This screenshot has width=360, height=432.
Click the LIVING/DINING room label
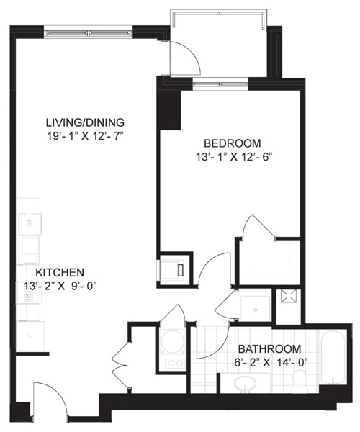tap(85, 122)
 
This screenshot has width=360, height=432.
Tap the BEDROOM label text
tap(232, 143)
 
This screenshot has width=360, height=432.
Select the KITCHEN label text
tap(60, 272)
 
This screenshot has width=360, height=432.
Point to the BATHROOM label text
tap(269, 348)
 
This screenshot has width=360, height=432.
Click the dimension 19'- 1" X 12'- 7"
tap(85, 136)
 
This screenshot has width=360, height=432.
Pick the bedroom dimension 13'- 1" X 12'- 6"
tap(234, 157)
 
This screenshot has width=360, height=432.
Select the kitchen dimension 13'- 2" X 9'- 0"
tap(61, 286)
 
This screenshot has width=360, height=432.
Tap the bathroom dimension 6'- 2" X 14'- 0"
tap(271, 363)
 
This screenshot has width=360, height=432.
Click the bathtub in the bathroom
tap(333, 357)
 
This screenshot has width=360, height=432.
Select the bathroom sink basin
tap(245, 383)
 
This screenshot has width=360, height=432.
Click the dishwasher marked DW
tap(30, 224)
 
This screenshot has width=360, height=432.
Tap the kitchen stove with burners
tap(29, 292)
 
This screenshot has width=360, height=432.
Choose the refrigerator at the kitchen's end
tap(30, 336)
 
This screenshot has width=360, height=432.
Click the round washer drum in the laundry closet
tap(173, 341)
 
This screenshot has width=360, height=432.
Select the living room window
tap(88, 33)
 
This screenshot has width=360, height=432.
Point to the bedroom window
tap(220, 83)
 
